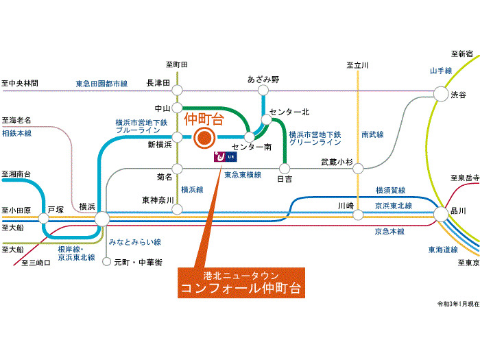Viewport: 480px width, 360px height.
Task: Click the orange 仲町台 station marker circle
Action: pyautogui.click(x=204, y=138)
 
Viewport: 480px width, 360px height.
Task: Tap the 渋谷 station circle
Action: pyautogui.click(x=441, y=94)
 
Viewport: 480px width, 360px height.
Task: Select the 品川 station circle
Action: pyautogui.click(x=441, y=214)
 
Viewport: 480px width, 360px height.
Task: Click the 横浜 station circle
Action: pyautogui.click(x=102, y=219)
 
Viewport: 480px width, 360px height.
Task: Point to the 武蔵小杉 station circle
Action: pyautogui.click(x=358, y=169)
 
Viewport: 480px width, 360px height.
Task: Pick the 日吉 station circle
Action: pyautogui.click(x=285, y=168)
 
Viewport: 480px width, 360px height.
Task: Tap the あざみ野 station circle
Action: pyautogui.click(x=263, y=91)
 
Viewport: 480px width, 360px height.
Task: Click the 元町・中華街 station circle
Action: pyautogui.click(x=106, y=262)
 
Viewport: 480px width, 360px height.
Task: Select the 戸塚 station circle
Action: pyautogui.click(x=43, y=219)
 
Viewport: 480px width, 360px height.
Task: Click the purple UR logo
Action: pyautogui.click(x=226, y=157)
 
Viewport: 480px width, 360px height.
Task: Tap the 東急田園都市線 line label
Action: pyautogui.click(x=101, y=84)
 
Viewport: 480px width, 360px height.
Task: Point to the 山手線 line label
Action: pyautogui.click(x=441, y=71)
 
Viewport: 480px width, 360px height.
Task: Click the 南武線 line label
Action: pyautogui.click(x=372, y=134)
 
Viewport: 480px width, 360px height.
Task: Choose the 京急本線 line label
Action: pyautogui.click(x=389, y=232)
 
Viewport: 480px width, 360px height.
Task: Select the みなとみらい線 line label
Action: pyautogui.click(x=135, y=242)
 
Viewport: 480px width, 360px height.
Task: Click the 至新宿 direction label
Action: pyautogui.click(x=462, y=54)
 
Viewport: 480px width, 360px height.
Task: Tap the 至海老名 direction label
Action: pyautogui.click(x=16, y=120)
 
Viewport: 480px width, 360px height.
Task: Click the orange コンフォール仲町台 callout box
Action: pyautogui.click(x=241, y=283)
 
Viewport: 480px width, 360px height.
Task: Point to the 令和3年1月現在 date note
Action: pyautogui.click(x=458, y=304)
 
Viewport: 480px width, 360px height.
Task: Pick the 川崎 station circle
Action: pyautogui.click(x=358, y=215)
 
